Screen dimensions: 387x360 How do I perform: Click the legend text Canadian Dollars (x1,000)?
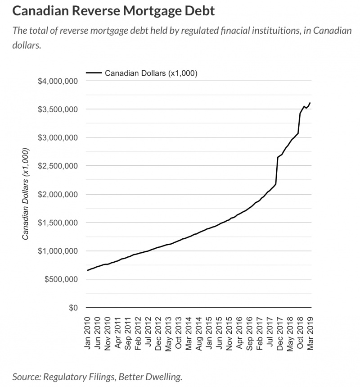(151, 73)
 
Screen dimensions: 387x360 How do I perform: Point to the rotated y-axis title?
(27, 194)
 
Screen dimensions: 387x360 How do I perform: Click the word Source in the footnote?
(25, 376)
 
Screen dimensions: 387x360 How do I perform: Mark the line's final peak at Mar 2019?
(310, 103)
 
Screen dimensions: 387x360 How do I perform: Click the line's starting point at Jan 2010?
(87, 270)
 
